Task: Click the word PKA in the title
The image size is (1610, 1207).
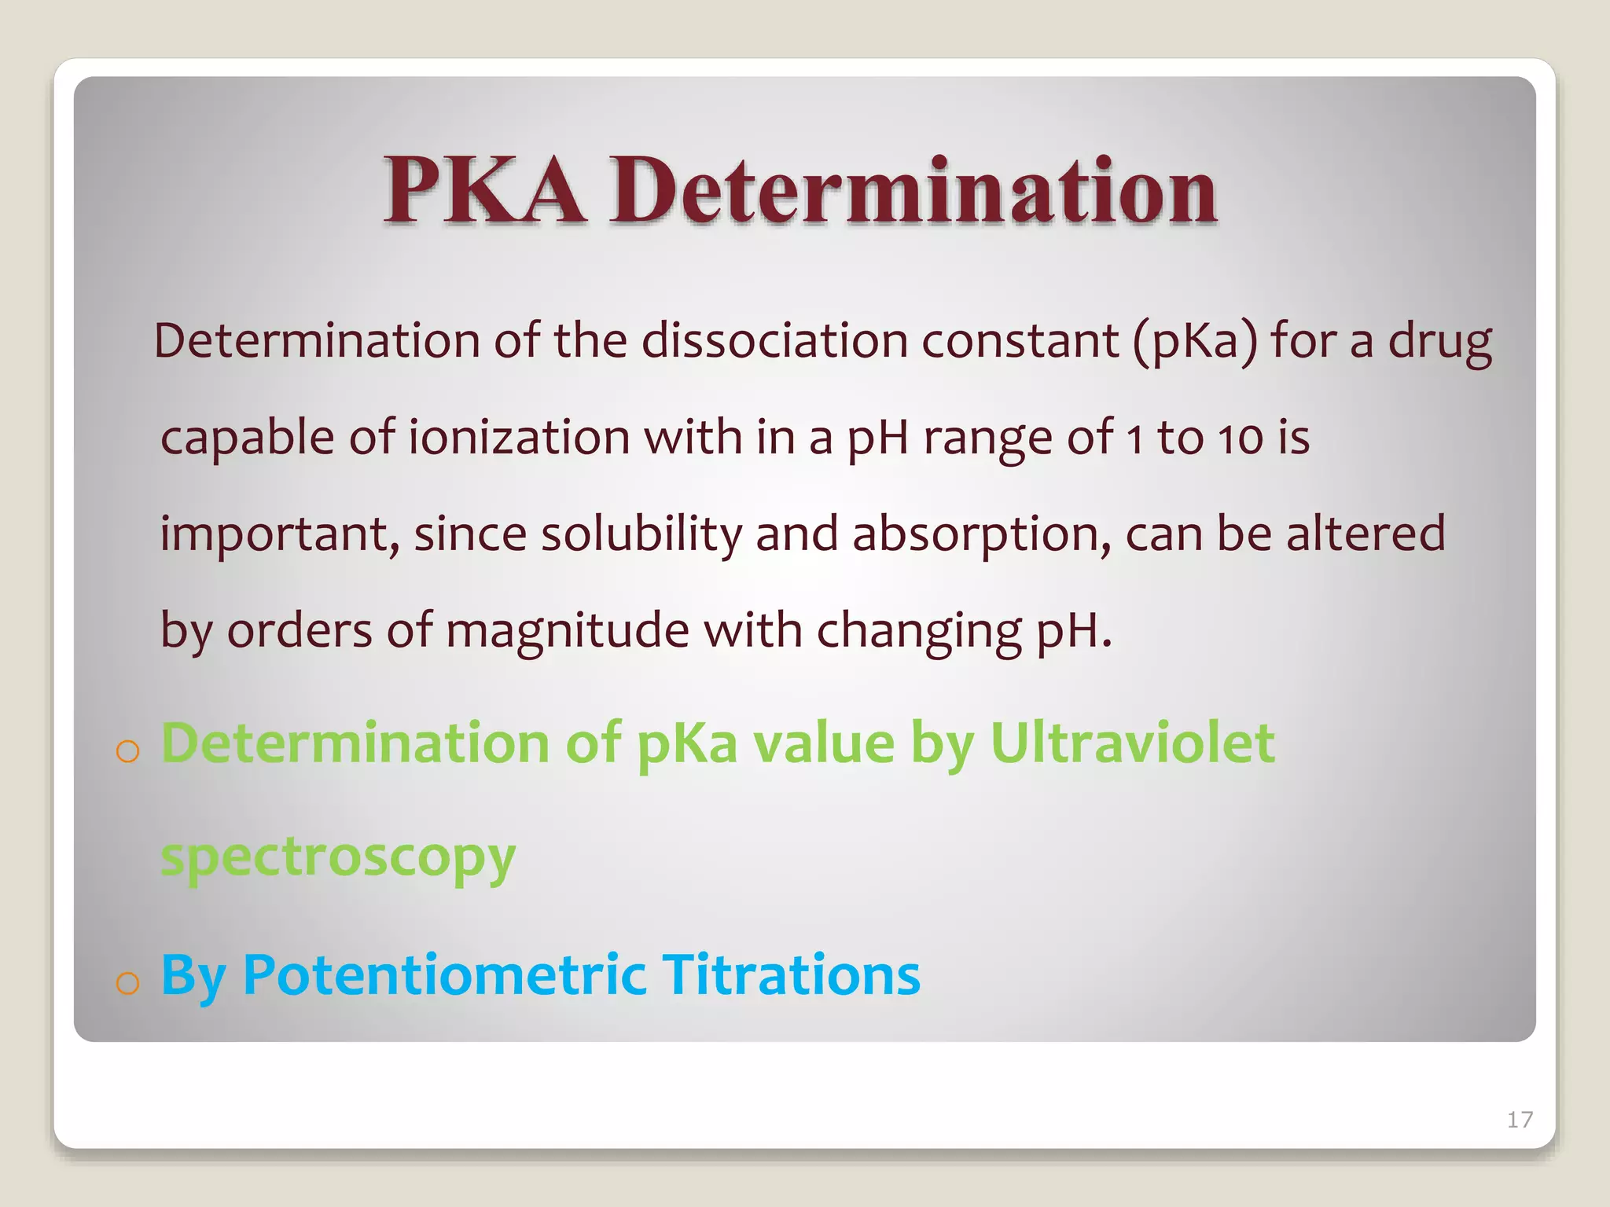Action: pyautogui.click(x=484, y=190)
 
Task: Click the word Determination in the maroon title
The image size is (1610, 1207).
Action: pyautogui.click(x=914, y=190)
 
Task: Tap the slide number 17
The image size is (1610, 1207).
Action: pyautogui.click(x=1520, y=1119)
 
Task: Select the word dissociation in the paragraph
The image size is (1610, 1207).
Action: pyautogui.click(x=774, y=341)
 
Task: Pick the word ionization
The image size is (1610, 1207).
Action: pyautogui.click(x=519, y=438)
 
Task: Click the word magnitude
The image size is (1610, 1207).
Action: pyautogui.click(x=568, y=631)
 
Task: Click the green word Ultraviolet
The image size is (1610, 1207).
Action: pyautogui.click(x=1132, y=743)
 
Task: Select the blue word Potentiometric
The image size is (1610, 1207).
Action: pyautogui.click(x=444, y=974)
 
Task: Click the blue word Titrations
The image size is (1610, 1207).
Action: pyautogui.click(x=792, y=974)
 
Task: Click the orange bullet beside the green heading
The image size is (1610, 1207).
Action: pyautogui.click(x=127, y=751)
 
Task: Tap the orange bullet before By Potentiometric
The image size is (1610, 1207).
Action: pyautogui.click(x=127, y=982)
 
